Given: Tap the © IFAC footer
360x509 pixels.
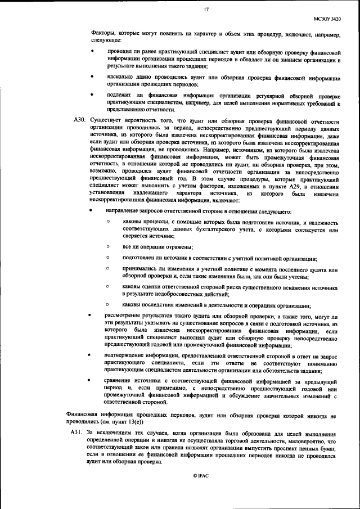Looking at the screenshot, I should point(200,476).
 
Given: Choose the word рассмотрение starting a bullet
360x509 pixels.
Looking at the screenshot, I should point(127,317).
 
